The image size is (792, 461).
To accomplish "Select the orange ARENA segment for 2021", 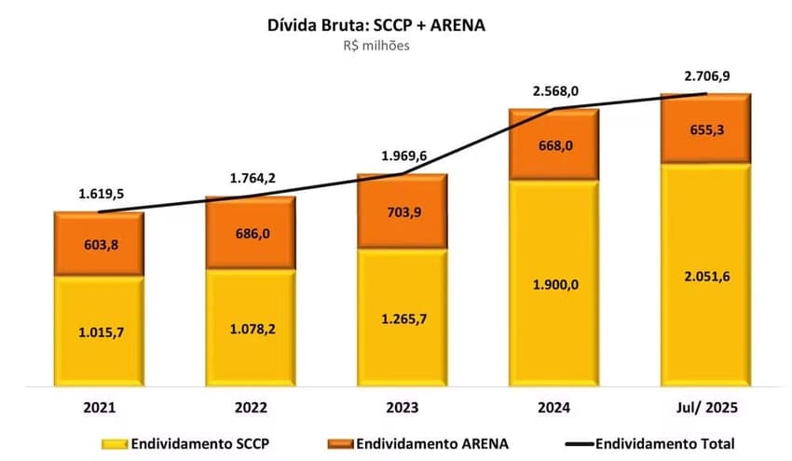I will [x=99, y=244].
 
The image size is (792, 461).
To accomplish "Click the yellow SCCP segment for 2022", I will [x=250, y=328].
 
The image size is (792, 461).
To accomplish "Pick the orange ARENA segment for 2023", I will [x=403, y=211].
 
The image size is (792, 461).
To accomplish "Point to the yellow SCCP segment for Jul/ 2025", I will [x=705, y=275].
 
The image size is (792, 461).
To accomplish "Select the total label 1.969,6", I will [x=403, y=155].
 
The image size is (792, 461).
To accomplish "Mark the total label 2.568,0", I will [x=554, y=91].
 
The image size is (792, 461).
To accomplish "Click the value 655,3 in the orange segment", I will [x=706, y=129].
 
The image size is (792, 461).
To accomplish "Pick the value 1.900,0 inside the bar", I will [x=554, y=284].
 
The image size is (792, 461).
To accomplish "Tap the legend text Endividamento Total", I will [x=664, y=443].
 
